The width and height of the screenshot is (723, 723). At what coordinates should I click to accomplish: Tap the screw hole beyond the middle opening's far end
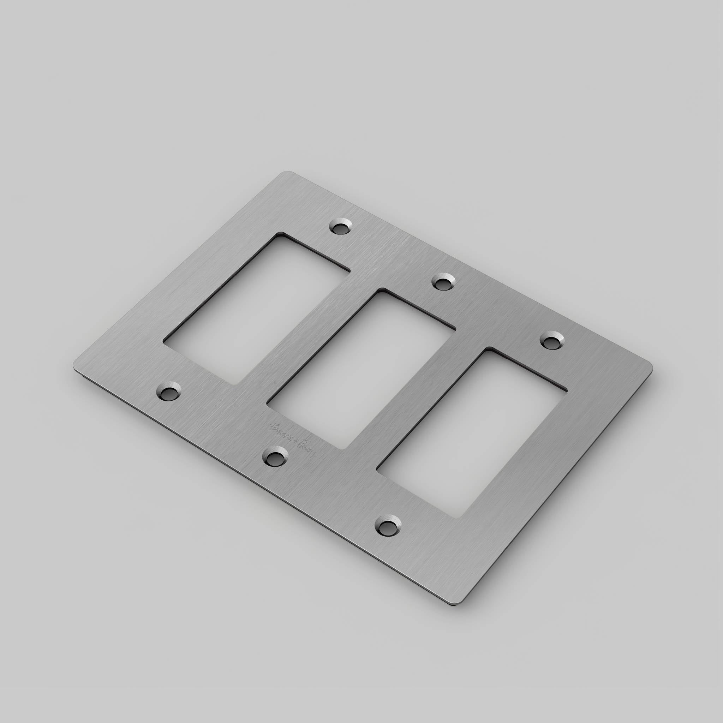(x=444, y=281)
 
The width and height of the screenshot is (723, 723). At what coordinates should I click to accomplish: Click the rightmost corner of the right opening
(x=566, y=392)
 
